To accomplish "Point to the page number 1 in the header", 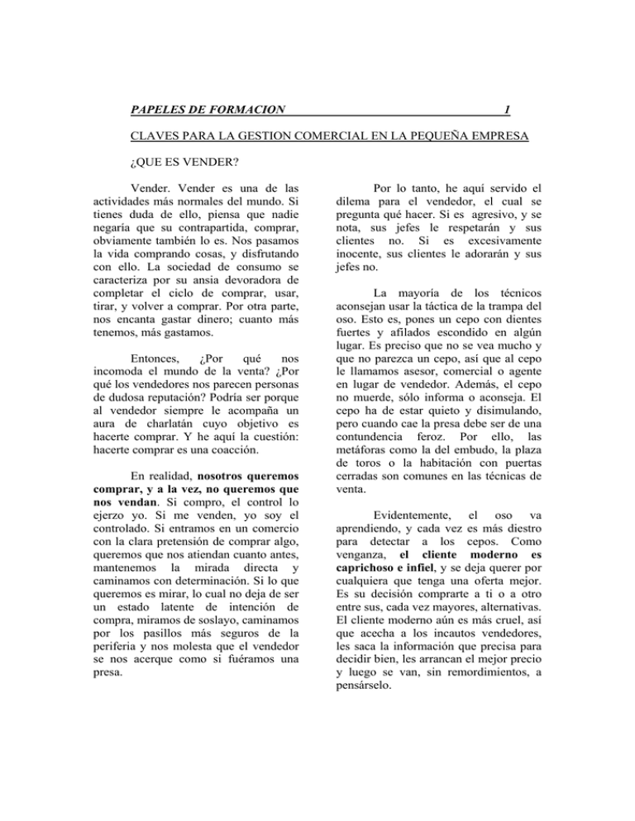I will [x=506, y=109].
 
